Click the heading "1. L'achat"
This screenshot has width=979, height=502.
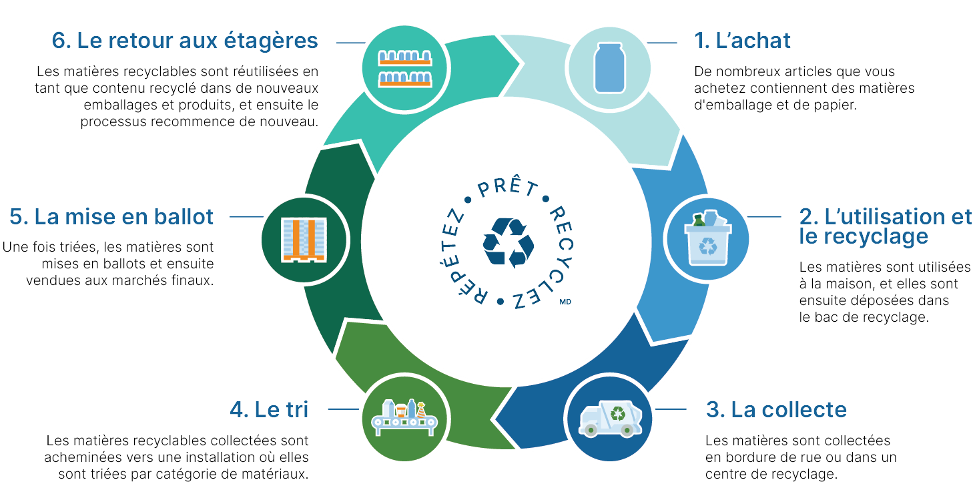[x=742, y=41]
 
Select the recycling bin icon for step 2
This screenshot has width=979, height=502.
[x=707, y=238]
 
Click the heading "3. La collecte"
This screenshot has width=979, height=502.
[x=776, y=409]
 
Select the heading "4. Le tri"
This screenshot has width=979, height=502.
[x=269, y=409]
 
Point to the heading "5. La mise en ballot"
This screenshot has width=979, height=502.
[x=111, y=216]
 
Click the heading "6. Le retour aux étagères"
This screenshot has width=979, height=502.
[x=185, y=41]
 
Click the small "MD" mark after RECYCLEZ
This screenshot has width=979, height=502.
[x=566, y=302]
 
